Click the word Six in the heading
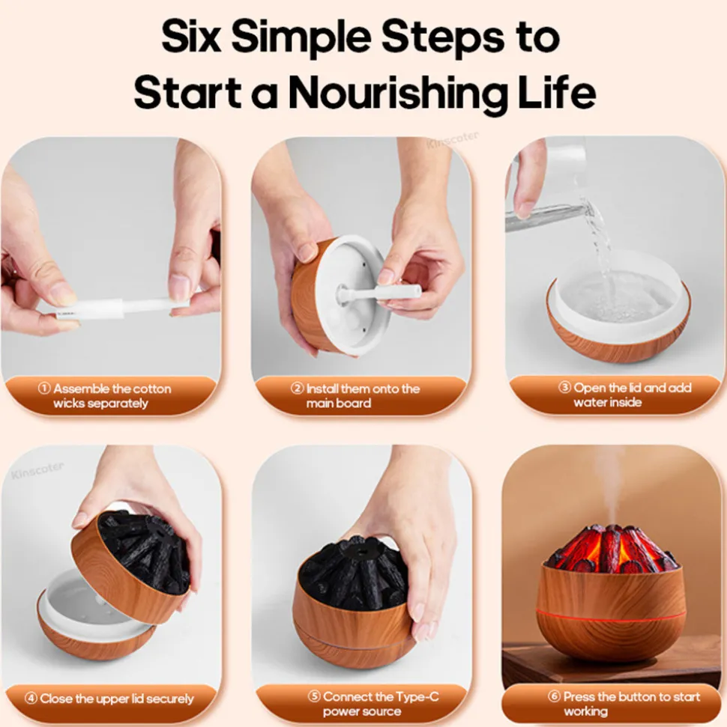point(191,36)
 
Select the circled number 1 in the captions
point(44,388)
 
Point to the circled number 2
point(298,388)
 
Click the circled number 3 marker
point(564,387)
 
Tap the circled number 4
point(31,698)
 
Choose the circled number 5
point(314,696)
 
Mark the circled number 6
point(554,696)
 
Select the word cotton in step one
point(148,389)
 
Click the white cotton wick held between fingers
point(121,308)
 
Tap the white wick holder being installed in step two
point(378,293)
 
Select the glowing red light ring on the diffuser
point(611,616)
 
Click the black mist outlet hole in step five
point(360,550)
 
